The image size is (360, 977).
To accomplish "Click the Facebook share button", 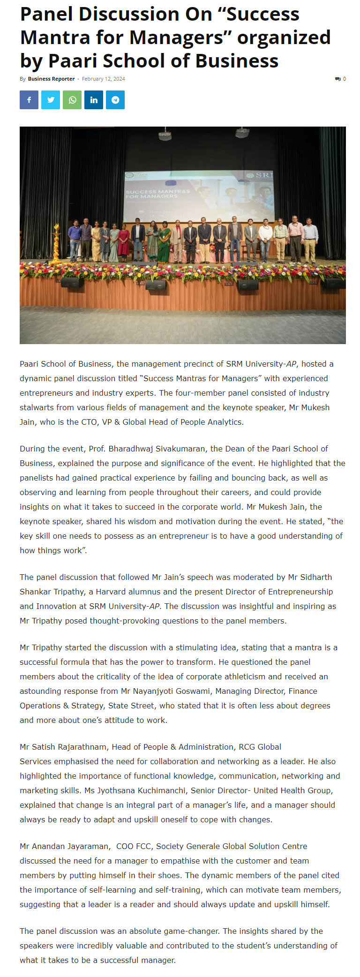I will [x=29, y=100].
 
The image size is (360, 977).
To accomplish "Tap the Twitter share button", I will [x=51, y=100].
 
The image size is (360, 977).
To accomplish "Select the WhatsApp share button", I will [x=72, y=100].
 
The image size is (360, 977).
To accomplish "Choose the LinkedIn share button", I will [x=94, y=100].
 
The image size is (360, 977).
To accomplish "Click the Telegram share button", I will [x=115, y=100].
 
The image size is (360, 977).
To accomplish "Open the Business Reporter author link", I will [x=51, y=79].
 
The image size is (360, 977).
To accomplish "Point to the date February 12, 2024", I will [x=103, y=79].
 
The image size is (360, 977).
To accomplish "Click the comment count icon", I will [x=338, y=79].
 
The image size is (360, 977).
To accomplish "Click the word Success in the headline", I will [x=264, y=14].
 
